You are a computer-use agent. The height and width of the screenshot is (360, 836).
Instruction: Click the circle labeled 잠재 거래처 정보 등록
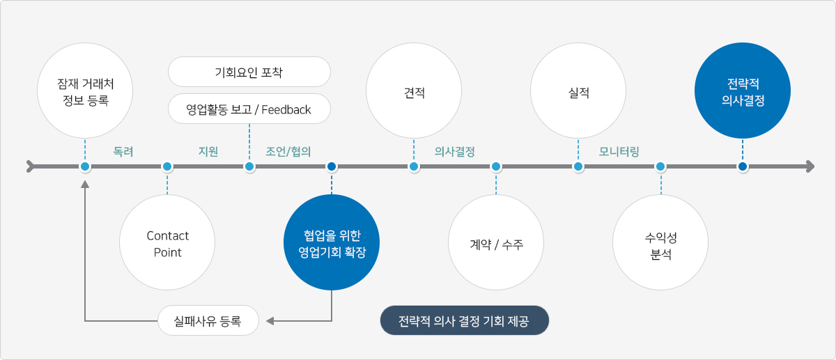85,91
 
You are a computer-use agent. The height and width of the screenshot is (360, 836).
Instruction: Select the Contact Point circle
167,243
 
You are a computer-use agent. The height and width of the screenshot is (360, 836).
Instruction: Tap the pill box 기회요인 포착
249,72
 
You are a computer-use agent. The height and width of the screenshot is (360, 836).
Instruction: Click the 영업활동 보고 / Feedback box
249,109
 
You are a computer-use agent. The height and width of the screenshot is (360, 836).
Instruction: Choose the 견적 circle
414,92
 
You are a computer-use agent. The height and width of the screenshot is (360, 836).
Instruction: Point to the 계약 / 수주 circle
496,243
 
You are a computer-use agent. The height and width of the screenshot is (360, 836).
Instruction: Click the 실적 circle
578,92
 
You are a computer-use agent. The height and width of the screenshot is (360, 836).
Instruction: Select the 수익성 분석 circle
660,243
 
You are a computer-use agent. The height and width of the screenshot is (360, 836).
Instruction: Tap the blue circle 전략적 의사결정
743,92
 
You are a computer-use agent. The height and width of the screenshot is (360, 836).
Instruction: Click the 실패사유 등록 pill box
209,321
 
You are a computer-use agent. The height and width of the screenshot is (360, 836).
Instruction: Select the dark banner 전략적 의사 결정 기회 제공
464,321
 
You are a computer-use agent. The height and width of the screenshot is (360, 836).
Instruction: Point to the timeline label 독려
123,151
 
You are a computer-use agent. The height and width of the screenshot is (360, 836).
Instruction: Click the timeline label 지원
208,151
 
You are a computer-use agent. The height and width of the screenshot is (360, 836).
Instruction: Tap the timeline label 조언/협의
288,151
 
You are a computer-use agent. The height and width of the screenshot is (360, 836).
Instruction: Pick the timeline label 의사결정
455,151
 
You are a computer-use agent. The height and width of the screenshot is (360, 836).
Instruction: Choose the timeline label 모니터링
619,151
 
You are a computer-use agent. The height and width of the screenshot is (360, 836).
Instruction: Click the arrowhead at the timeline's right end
809,166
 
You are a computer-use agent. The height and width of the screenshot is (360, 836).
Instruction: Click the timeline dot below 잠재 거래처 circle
85,166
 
